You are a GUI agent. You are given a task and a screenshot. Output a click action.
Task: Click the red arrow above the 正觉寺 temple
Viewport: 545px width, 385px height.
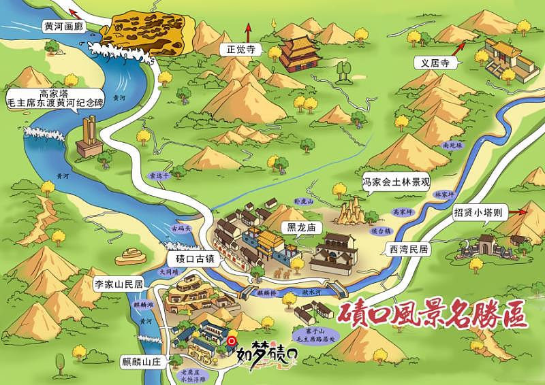[249, 29]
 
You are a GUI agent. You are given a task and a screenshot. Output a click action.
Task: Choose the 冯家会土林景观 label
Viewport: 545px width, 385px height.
[396, 182]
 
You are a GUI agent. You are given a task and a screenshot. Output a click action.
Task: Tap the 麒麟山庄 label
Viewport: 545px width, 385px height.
[140, 361]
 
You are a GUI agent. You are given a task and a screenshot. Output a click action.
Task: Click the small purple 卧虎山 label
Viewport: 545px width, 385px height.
[302, 202]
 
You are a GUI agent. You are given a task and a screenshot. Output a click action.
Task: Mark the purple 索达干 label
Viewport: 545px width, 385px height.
[157, 175]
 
